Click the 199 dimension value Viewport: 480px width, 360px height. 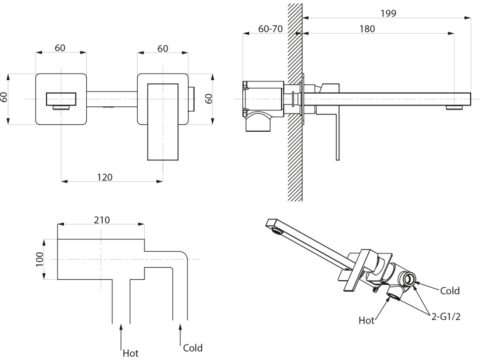(389, 13)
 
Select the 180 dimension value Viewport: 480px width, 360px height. (367, 29)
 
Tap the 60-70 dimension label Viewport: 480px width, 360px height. (270, 29)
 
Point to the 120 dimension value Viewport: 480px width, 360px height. (105, 177)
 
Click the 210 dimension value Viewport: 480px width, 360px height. (102, 220)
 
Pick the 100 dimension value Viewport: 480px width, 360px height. (40, 259)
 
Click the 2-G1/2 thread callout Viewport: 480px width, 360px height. (446, 316)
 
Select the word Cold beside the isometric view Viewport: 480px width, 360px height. (450, 291)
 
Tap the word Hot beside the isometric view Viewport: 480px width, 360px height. (367, 321)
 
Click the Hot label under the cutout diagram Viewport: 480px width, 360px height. (130, 353)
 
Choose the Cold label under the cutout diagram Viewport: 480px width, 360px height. (193, 348)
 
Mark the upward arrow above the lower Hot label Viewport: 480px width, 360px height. (121, 336)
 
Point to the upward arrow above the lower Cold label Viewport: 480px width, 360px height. (180, 334)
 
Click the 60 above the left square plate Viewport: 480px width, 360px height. (60, 48)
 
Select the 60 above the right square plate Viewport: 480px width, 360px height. (163, 49)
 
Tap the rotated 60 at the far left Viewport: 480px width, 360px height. (4, 97)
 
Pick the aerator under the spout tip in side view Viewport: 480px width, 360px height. (454, 108)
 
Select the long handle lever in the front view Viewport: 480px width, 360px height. (163, 122)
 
